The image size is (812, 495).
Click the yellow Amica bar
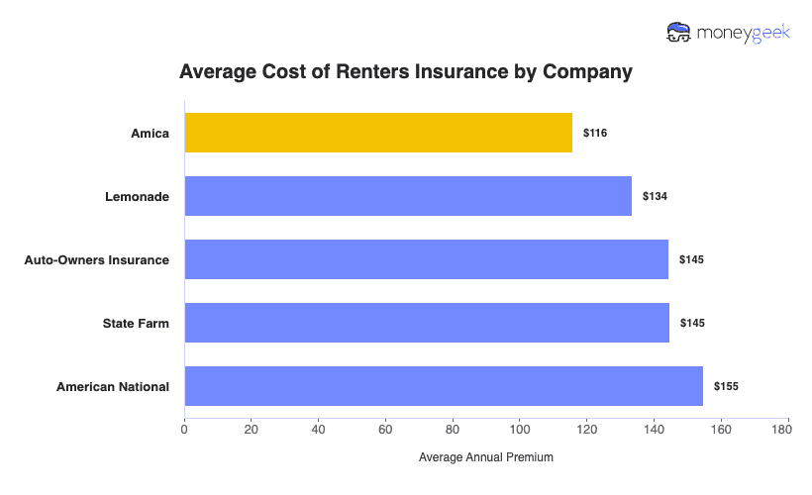point(378,133)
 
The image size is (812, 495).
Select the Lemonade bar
point(408,196)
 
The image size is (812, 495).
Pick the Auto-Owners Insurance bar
point(426,259)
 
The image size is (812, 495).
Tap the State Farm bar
point(427,323)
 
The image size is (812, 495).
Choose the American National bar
point(444,386)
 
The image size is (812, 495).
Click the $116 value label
point(595,133)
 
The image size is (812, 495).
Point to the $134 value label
point(655,196)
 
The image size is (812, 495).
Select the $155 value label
point(726,386)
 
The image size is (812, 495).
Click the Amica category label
point(150,133)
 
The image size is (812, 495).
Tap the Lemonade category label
point(138,196)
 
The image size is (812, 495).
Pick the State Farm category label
point(137,323)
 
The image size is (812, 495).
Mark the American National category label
point(113,386)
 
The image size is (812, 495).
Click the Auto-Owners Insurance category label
point(97,259)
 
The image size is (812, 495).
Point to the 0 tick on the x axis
point(184,430)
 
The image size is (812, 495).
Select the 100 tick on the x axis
point(520,430)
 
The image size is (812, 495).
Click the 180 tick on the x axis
point(788,430)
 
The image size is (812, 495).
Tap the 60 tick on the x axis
point(385,430)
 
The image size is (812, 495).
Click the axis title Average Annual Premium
point(486,457)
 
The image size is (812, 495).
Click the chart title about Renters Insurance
point(405,72)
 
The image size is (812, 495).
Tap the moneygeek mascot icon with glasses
point(678,34)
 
